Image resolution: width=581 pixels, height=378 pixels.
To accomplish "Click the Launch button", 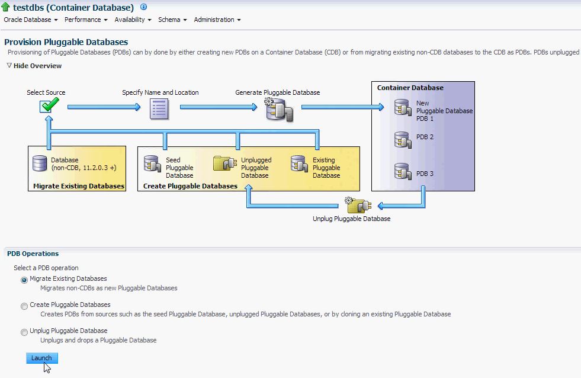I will tap(42, 358).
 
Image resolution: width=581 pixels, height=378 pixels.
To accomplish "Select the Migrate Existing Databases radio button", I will tap(24, 280).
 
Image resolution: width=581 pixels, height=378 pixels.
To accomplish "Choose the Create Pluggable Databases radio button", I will tap(24, 306).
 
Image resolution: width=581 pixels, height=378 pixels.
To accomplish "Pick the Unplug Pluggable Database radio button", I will tap(24, 332).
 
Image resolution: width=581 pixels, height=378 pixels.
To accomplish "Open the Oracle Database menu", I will tap(31, 20).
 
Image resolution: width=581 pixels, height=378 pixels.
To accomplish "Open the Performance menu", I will tap(86, 20).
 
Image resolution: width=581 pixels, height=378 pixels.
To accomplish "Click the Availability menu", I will tap(133, 20).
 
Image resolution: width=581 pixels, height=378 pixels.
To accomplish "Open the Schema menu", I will tap(172, 20).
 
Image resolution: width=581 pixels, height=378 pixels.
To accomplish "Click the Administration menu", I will tap(217, 20).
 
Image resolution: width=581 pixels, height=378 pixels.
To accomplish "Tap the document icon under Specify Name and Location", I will tap(159, 108).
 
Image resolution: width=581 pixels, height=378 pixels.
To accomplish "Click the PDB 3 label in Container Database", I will tap(425, 174).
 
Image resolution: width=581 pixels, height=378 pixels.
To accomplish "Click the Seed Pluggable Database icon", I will tap(152, 164).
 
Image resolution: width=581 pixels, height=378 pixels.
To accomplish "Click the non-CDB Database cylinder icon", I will tap(40, 164).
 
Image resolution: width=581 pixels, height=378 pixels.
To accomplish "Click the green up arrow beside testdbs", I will tap(7, 8).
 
